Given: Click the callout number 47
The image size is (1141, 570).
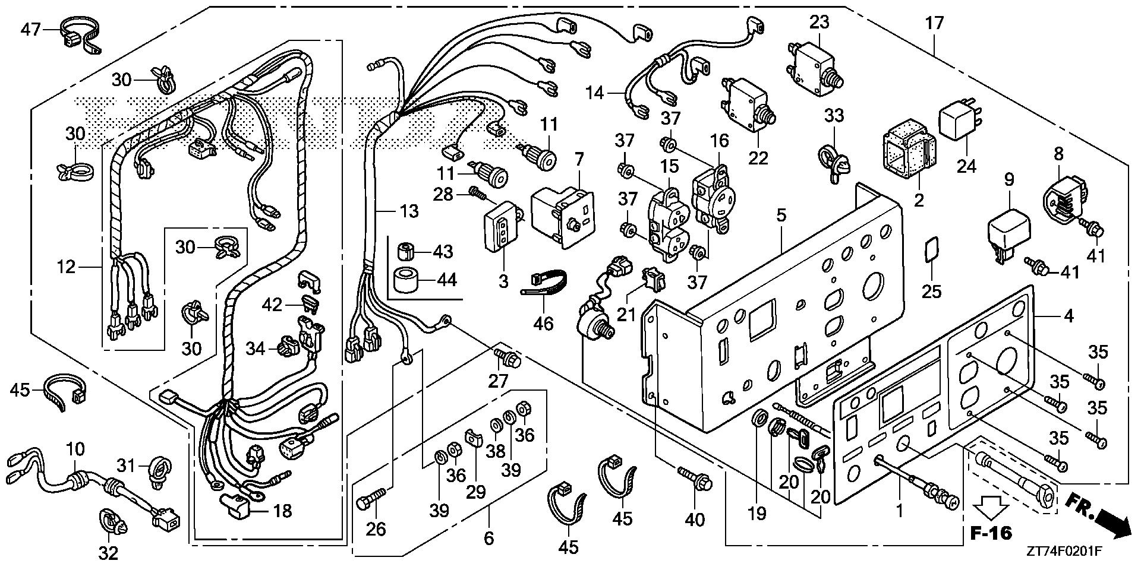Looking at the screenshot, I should [x=31, y=28].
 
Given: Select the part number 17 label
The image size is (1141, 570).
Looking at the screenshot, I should [x=934, y=24].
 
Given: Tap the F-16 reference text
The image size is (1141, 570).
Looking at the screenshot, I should [x=991, y=533].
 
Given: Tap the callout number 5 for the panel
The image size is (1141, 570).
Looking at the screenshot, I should [x=781, y=216].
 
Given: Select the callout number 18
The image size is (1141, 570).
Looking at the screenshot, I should [x=282, y=511].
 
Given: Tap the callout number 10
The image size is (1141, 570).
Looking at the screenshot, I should [x=75, y=449].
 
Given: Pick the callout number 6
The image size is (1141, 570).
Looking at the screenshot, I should [x=488, y=538].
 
